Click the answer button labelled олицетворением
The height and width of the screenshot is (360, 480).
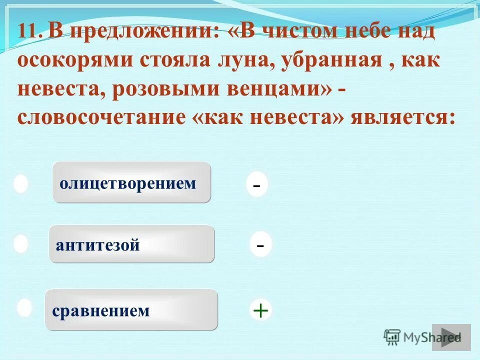[131, 182]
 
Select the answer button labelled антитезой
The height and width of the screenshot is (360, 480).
[131, 244]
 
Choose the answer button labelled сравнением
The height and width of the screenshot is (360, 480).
[131, 310]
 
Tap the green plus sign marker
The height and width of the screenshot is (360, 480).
[260, 310]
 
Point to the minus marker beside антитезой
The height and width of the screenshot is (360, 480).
[260, 245]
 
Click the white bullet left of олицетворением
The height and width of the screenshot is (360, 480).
[20, 183]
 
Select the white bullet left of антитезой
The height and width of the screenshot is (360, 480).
[20, 244]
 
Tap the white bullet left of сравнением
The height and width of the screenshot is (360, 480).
[24, 307]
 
